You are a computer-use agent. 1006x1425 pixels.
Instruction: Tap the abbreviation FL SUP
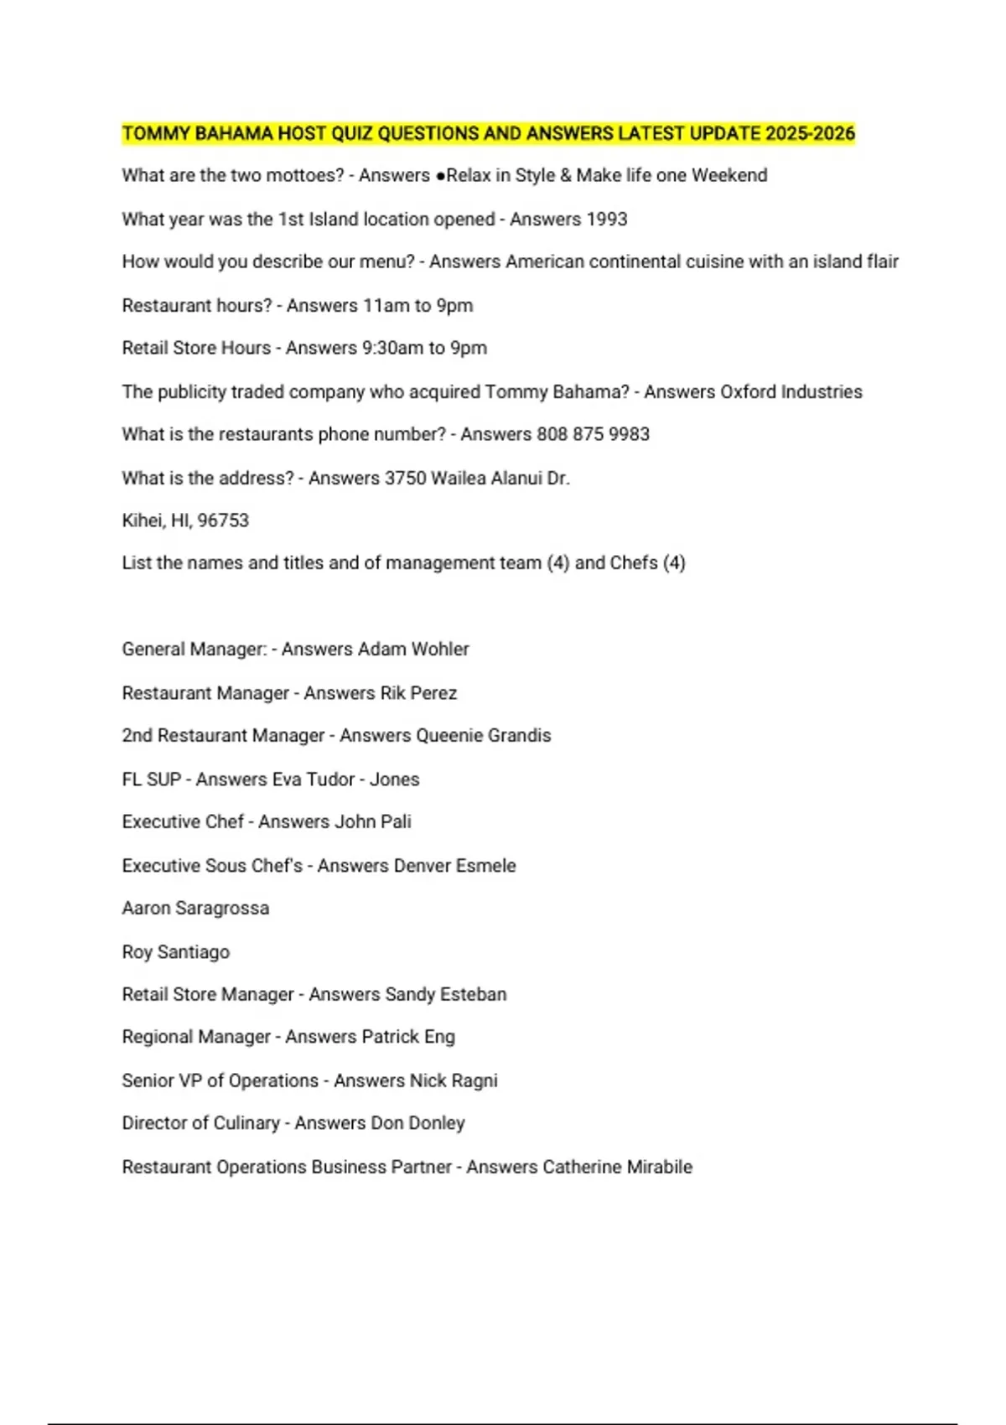(x=152, y=780)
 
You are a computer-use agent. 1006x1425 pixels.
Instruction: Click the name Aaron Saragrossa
(x=195, y=909)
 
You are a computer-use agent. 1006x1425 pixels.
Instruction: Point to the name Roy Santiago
(x=176, y=952)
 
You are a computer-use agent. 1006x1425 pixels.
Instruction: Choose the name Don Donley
(x=417, y=1123)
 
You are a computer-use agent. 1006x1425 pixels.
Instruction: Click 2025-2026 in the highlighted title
(x=810, y=133)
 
